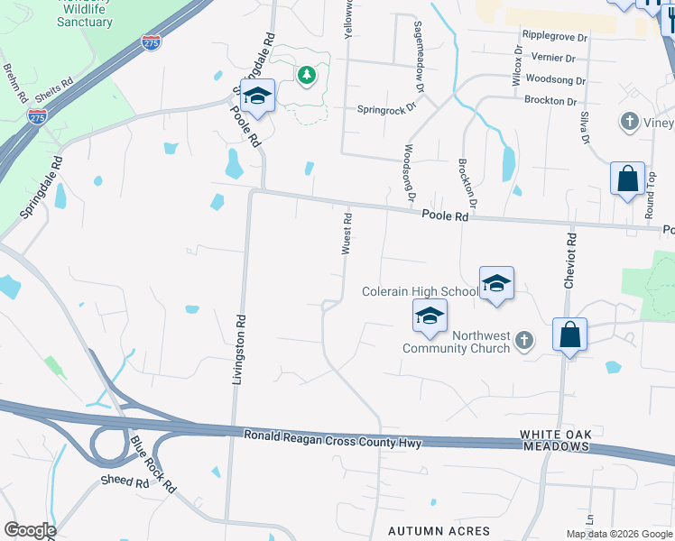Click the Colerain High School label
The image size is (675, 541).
pos(420,291)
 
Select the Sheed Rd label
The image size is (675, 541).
pos(125,482)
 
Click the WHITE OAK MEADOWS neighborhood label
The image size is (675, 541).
pos(554,441)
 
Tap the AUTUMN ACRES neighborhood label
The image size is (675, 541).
pos(439,531)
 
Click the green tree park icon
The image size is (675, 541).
pos(307,75)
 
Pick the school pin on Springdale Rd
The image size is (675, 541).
pos(257,97)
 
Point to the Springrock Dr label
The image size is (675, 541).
pos(386,107)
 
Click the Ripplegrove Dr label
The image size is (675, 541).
pos(554,38)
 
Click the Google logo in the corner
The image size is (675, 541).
pos(29,530)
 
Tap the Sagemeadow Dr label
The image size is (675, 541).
pos(419,57)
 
